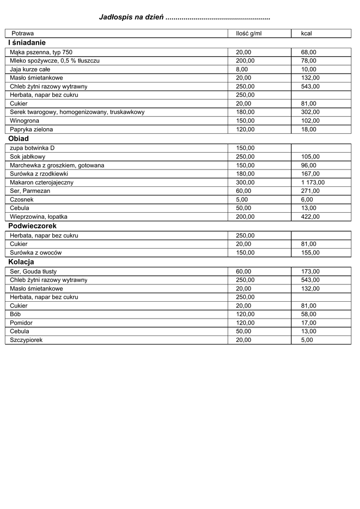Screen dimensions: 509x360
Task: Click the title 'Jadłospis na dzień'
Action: click(132, 17)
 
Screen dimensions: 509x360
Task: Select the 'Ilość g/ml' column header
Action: click(248, 33)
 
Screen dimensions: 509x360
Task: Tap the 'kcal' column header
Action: click(306, 33)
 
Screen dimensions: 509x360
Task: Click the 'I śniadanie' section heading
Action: click(27, 43)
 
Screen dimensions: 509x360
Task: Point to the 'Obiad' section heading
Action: click(19, 139)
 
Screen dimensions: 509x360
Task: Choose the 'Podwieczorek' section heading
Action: click(32, 226)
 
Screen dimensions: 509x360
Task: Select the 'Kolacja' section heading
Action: click(21, 262)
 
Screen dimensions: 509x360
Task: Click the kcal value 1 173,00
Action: click(313, 182)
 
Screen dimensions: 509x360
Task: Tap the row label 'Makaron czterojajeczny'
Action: click(42, 182)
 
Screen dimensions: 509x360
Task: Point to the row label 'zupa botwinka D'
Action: click(32, 148)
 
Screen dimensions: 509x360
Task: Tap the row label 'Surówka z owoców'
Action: click(36, 253)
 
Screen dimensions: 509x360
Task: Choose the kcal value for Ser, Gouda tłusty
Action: click(310, 271)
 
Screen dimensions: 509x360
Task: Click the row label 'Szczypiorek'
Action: click(26, 340)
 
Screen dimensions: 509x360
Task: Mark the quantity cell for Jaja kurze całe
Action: click(241, 69)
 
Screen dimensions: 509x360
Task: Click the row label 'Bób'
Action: click(15, 314)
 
